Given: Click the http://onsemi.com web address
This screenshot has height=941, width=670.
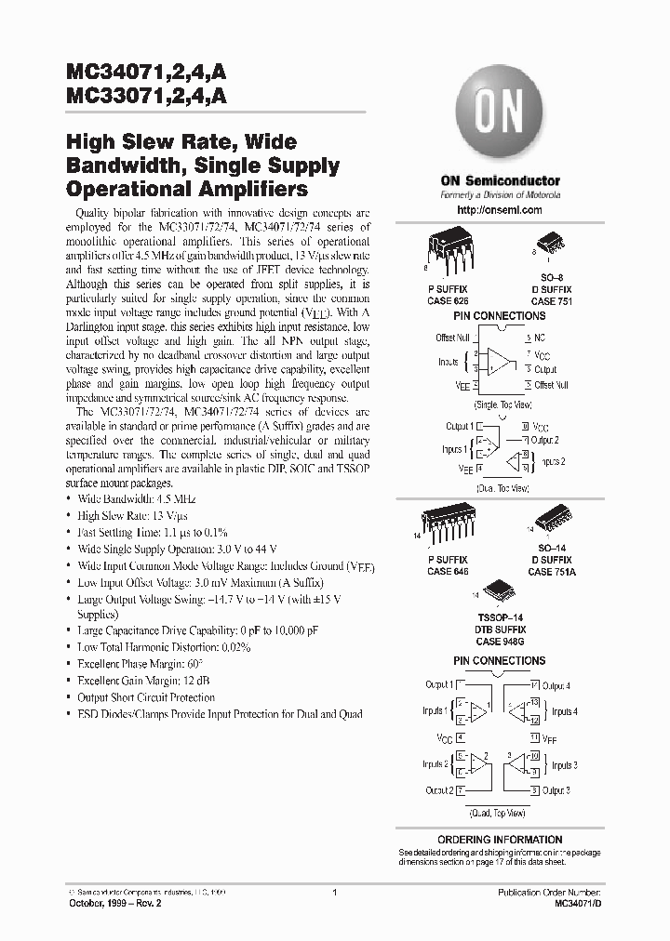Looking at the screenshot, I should [501, 211].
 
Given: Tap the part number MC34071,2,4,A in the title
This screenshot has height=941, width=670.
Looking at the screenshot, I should [149, 73].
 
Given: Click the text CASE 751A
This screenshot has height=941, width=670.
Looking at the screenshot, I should [552, 572].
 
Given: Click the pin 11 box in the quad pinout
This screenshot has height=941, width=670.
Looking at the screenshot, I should [535, 736].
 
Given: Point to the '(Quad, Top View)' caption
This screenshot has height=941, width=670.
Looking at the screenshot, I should [499, 812].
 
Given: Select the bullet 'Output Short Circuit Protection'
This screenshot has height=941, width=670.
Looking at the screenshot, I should [146, 697].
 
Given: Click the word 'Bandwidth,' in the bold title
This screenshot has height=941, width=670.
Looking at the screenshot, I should [111, 166].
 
